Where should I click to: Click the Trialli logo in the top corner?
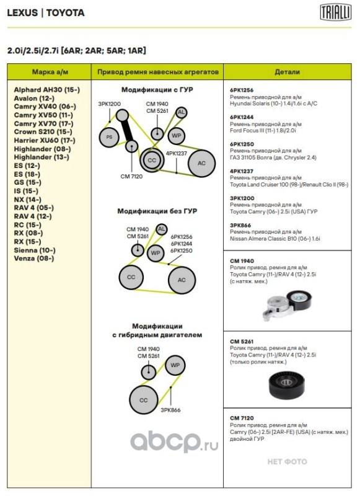335,12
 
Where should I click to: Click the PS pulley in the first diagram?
109,137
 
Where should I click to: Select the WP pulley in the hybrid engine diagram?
175,365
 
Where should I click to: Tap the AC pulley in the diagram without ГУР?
182,280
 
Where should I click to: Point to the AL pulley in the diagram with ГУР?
181,112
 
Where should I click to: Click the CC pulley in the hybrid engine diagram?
144,400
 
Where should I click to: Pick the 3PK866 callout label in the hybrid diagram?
170,410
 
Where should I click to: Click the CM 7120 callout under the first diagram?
131,177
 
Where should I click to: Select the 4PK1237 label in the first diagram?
177,153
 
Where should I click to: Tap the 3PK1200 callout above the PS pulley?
109,104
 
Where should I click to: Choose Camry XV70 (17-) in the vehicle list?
43,123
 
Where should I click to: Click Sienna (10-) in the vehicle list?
35,250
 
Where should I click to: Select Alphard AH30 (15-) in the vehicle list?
46,90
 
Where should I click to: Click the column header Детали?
287,72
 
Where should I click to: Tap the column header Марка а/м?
50,72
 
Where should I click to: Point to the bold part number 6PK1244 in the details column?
242,117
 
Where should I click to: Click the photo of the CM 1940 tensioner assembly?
287,305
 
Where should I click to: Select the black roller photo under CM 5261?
287,384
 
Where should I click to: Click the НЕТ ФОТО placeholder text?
287,461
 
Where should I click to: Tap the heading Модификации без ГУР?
157,211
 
